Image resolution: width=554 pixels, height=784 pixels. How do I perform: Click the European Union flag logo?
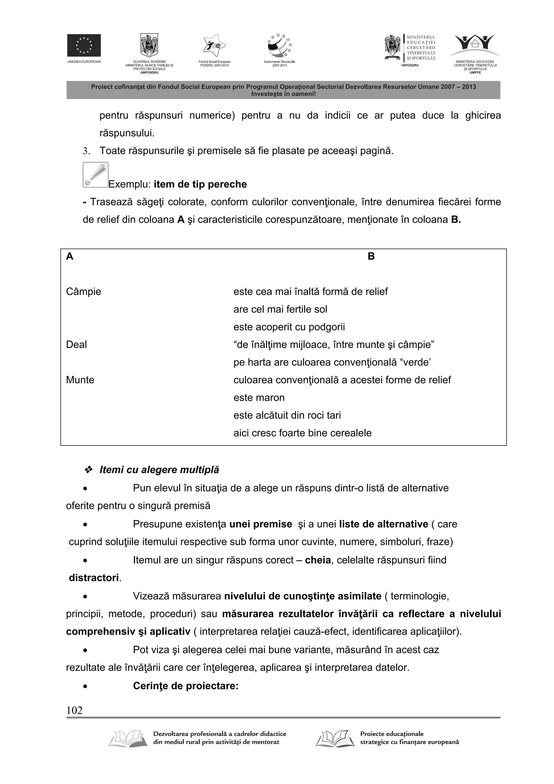(x=84, y=45)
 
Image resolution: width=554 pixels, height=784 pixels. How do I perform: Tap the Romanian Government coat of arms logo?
(x=149, y=45)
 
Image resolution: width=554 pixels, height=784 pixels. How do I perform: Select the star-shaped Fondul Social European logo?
(x=214, y=45)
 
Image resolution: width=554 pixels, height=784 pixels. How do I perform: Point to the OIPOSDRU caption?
(x=410, y=65)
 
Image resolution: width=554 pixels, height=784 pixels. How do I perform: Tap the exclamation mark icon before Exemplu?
(x=95, y=175)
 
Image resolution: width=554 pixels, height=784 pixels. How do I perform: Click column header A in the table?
(x=70, y=257)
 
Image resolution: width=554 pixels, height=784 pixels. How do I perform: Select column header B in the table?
(x=371, y=257)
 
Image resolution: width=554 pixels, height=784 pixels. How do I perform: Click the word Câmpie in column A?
(x=83, y=292)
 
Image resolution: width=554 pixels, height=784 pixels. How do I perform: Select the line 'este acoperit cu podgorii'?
(x=289, y=327)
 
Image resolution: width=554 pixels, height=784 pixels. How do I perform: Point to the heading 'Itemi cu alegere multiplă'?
(x=159, y=470)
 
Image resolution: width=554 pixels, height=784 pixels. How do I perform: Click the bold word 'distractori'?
(x=94, y=578)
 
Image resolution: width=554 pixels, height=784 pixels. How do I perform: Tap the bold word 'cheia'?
(x=318, y=560)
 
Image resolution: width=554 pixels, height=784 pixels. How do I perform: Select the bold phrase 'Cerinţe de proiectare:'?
(x=185, y=686)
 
